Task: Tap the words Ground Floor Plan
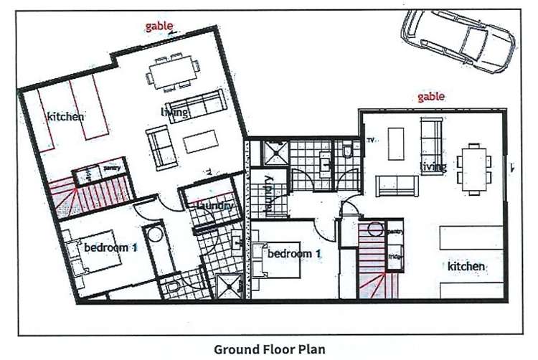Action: [270, 349]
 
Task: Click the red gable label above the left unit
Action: [159, 27]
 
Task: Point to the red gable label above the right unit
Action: [431, 96]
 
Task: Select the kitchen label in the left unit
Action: [66, 116]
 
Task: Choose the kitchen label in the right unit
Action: [466, 266]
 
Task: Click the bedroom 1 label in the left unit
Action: [110, 248]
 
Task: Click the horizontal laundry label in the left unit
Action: [212, 206]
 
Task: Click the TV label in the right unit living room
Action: [371, 141]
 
